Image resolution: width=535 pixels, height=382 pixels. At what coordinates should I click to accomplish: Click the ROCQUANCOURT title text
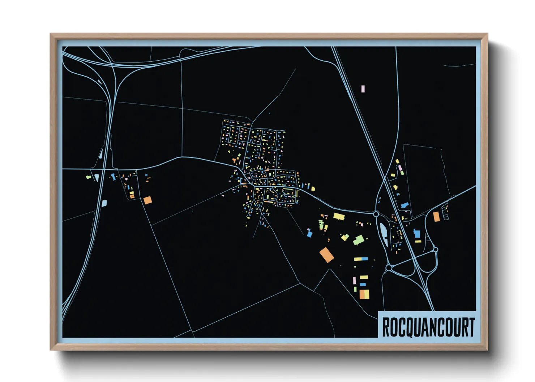[x=428, y=327]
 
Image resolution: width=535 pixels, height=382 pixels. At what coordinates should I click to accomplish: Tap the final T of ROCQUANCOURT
[x=471, y=327]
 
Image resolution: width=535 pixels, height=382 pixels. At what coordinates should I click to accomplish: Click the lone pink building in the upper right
[x=363, y=89]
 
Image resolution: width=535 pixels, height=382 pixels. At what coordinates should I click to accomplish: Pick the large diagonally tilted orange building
[x=326, y=255]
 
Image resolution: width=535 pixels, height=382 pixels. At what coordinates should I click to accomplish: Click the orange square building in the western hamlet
[x=147, y=200]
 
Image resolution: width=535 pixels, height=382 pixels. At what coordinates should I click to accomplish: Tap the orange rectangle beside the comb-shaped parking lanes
[x=436, y=216]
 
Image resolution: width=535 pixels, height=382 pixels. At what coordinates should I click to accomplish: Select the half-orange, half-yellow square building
[x=364, y=294]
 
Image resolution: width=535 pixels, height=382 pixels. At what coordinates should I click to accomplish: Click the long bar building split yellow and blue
[x=361, y=259]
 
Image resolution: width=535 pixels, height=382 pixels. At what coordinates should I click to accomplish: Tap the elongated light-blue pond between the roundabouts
[x=383, y=234]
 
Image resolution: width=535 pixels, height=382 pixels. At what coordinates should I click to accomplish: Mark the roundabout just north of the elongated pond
[x=376, y=214]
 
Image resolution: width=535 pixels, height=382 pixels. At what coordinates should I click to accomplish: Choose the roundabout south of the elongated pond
[x=389, y=268]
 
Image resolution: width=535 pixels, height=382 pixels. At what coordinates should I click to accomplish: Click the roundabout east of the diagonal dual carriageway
[x=436, y=249]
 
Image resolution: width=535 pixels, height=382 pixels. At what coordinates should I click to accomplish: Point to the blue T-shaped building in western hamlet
[x=113, y=177]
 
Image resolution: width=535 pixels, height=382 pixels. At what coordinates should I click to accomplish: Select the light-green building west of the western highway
[x=88, y=177]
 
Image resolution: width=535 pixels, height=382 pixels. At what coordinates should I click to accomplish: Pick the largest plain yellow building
[x=339, y=217]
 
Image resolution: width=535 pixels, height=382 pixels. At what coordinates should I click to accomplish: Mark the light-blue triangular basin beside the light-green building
[x=97, y=178]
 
